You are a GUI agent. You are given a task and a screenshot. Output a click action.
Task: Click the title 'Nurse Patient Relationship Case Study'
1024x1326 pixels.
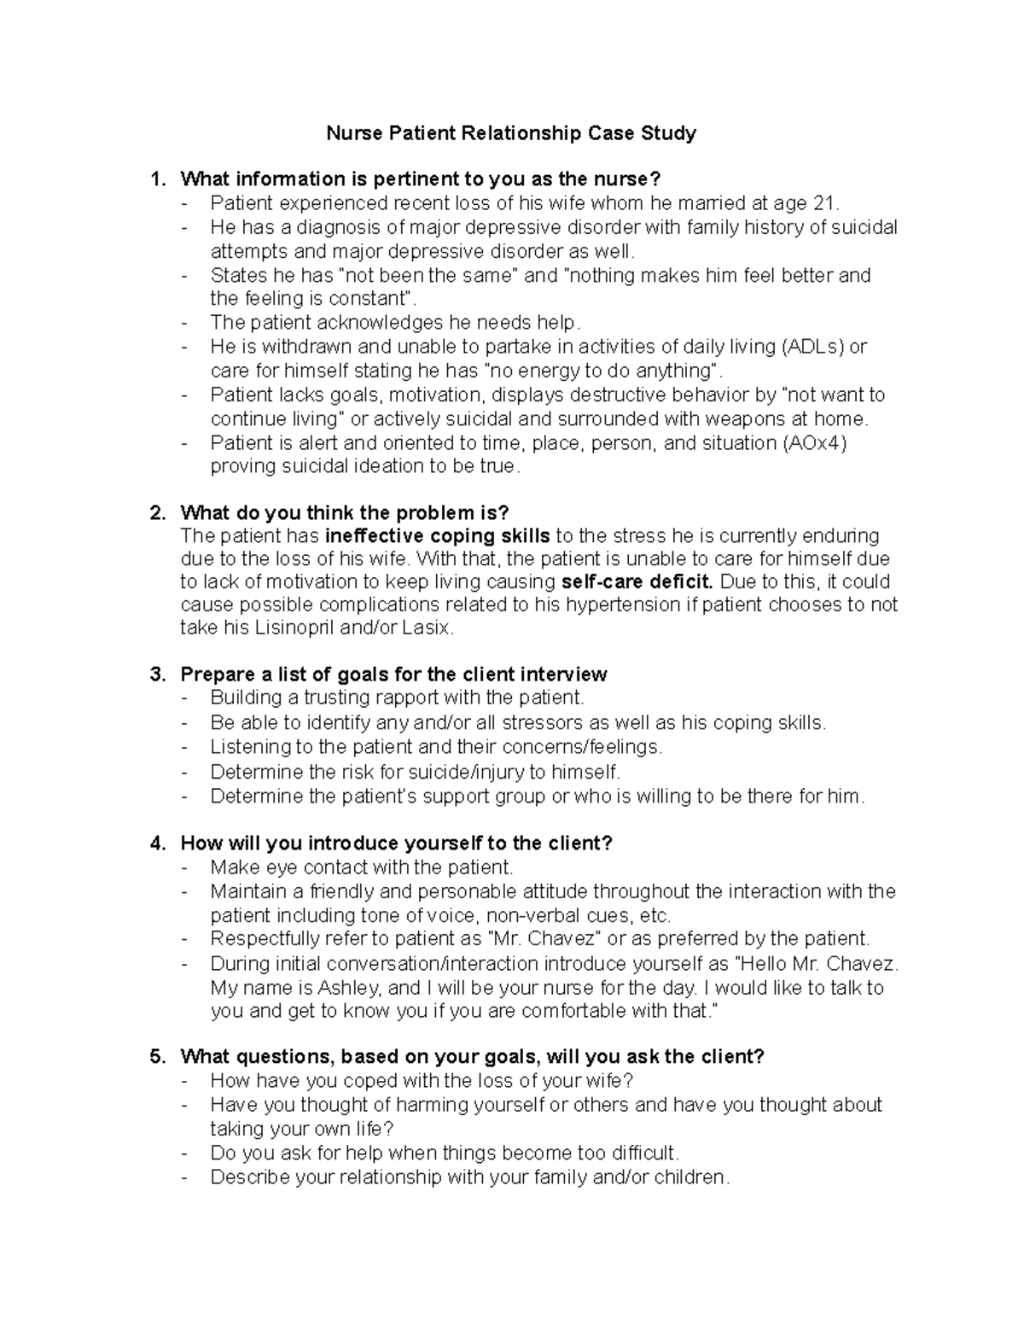point(512,133)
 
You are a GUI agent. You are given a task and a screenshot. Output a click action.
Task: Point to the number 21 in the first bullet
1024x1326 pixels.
point(826,203)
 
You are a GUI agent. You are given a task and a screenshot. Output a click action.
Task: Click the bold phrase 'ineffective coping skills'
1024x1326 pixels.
point(438,536)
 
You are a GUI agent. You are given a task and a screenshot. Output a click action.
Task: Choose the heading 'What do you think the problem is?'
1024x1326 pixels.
point(344,512)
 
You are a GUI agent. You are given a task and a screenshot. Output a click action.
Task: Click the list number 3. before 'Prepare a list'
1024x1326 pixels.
point(157,675)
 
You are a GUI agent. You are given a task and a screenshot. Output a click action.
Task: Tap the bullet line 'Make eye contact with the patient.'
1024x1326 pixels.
point(362,867)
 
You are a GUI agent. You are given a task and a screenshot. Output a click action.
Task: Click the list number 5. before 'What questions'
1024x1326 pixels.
point(157,1056)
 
